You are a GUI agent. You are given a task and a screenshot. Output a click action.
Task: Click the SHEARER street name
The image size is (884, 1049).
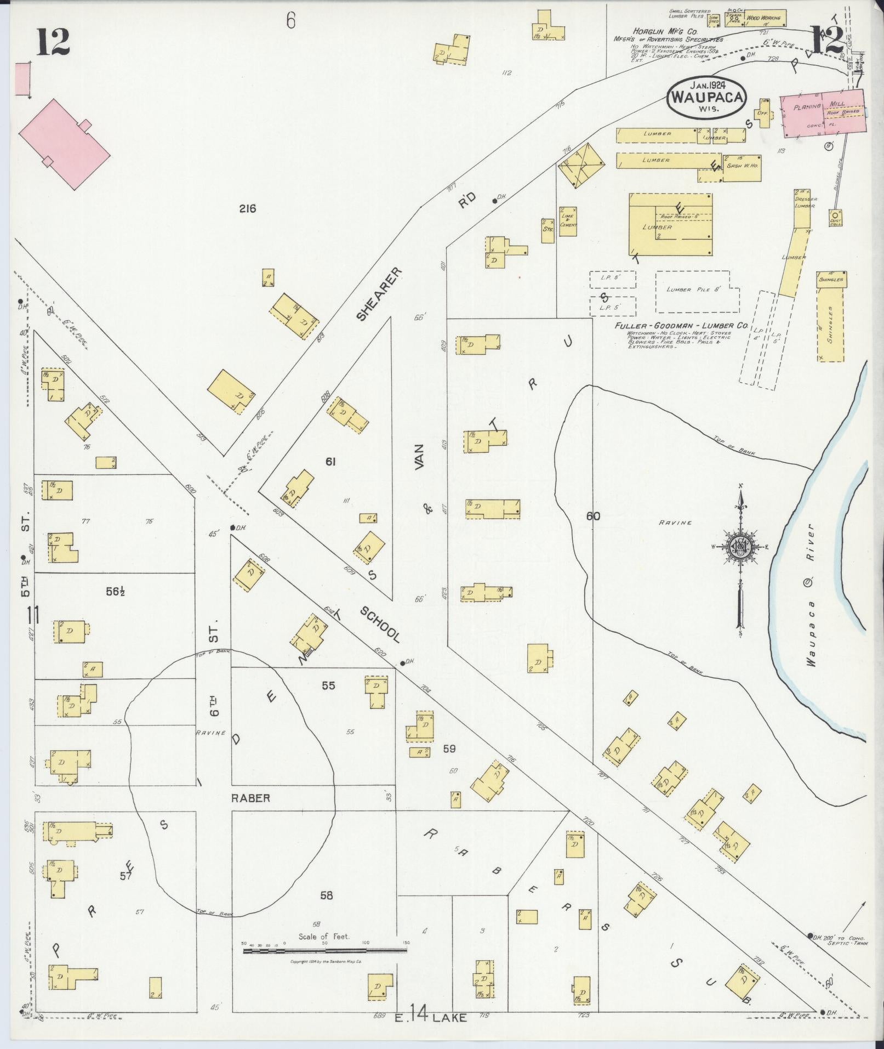pos(378,293)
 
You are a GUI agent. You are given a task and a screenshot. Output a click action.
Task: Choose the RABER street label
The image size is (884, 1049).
pos(250,798)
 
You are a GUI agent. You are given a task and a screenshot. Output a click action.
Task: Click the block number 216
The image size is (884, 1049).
pos(247,208)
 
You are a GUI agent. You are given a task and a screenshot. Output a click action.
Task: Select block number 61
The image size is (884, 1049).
pos(330,462)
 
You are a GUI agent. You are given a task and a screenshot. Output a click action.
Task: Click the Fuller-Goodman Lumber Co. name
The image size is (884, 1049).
pos(681,325)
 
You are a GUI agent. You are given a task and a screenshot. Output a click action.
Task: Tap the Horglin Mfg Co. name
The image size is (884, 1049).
pos(658,32)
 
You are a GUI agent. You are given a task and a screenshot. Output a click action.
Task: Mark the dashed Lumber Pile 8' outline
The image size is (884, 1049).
pos(697,292)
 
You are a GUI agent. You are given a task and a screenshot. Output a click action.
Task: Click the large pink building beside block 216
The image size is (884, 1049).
pos(65,144)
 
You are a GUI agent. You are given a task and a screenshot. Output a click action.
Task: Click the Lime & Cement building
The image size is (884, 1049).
pos(568,221)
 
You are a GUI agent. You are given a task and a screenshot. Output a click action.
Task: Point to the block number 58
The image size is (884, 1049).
pos(326,895)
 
